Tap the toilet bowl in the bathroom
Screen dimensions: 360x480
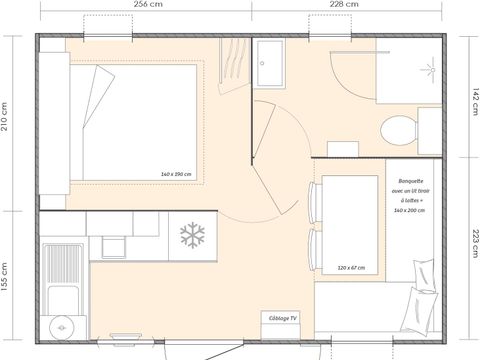[x=397, y=129]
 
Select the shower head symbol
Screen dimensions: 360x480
[x=432, y=71]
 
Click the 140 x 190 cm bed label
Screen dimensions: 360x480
[x=175, y=174]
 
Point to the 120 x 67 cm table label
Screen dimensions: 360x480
[x=351, y=267]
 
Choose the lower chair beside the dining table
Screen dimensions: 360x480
[x=316, y=250]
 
